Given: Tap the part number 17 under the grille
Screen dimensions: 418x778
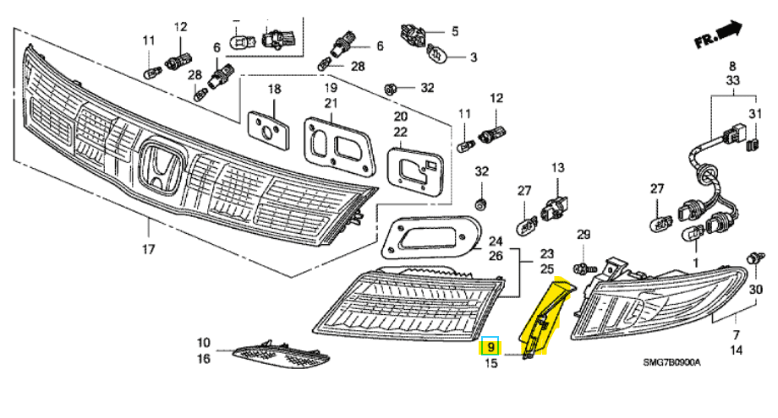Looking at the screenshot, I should coord(149,249).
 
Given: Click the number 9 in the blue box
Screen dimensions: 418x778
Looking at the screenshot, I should coord(491,347).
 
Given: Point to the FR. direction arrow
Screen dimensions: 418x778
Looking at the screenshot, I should coord(715,36).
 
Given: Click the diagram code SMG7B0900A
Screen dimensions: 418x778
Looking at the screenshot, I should coord(672,364).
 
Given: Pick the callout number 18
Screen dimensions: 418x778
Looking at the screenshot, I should coord(274,89).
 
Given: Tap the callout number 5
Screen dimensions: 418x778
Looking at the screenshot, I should coord(454,31).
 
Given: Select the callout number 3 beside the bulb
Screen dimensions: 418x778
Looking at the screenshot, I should coord(474,57).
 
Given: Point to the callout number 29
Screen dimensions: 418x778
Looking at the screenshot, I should coord(583,233).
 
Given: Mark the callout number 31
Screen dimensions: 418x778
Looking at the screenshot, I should coord(755,114).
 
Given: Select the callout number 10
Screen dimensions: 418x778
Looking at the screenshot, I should coord(203,343).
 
